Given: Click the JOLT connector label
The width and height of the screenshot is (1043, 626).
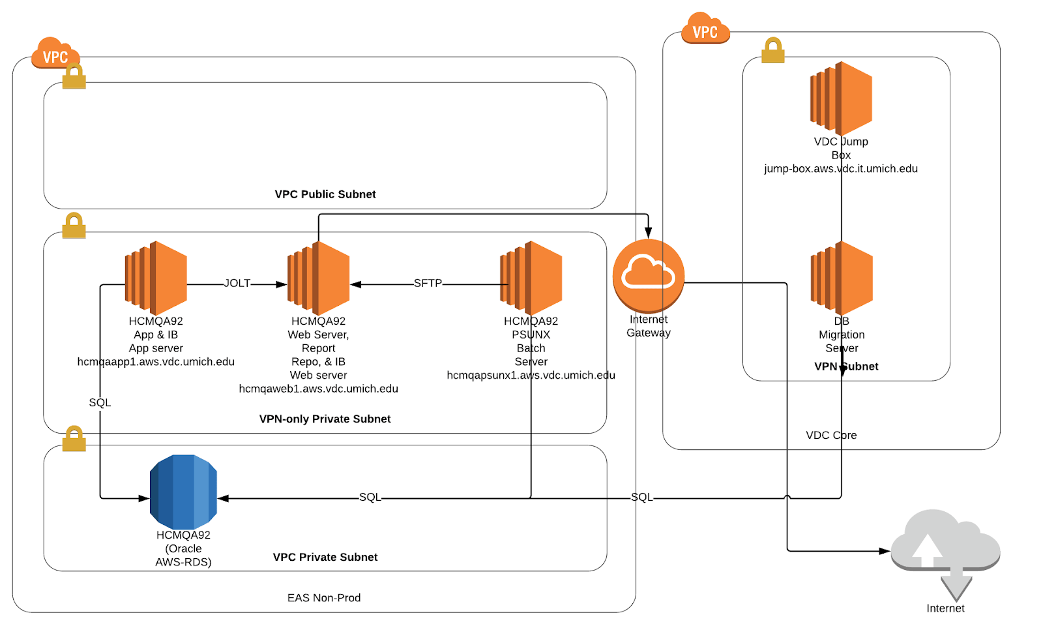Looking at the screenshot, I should [237, 283].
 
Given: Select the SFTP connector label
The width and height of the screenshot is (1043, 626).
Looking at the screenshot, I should [428, 283].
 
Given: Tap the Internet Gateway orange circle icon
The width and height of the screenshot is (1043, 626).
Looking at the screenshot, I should [649, 275].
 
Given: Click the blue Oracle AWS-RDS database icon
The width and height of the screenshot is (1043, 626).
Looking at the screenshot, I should [183, 492].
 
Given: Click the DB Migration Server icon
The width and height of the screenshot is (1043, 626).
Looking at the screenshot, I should [842, 278].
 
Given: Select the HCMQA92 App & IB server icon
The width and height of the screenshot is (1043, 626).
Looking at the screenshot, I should [156, 278].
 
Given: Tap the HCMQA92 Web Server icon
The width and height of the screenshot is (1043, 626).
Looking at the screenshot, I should [318, 278].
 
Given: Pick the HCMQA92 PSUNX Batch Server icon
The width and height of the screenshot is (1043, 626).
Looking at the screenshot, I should [531, 278].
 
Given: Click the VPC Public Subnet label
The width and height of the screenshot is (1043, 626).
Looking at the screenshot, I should [325, 194].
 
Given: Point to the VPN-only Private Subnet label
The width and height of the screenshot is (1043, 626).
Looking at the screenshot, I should [325, 419].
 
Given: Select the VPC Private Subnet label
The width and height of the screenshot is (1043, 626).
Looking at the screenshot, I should [325, 557].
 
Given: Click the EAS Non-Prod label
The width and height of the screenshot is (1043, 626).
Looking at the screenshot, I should [324, 598].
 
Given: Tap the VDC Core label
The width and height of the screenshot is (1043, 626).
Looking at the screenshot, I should [831, 435].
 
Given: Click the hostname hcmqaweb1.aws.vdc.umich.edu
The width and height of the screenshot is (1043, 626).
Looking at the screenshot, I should [318, 389].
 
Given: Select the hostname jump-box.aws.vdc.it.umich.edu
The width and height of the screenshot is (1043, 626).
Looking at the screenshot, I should [841, 169].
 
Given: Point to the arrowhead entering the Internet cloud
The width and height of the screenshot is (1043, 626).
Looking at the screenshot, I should [885, 551].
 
